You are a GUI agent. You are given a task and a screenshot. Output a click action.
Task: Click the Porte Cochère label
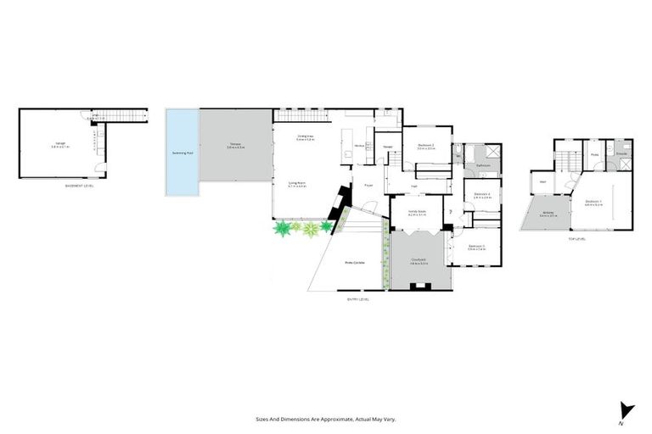coord(354,262)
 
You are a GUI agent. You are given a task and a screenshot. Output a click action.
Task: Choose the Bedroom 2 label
coord(426,145)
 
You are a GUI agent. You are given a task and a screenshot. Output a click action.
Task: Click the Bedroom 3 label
coord(476,247)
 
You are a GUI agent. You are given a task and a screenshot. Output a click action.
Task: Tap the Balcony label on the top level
coord(548,213)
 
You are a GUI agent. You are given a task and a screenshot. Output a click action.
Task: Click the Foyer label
coord(369,185)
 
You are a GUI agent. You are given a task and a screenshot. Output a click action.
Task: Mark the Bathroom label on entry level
coord(485,165)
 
